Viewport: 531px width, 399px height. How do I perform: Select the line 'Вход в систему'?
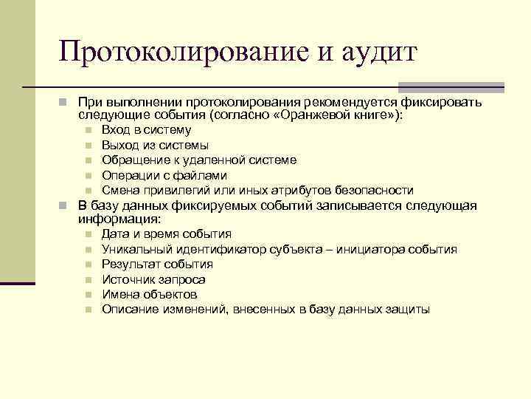[x=145, y=130]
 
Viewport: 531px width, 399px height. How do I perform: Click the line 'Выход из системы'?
[x=155, y=145]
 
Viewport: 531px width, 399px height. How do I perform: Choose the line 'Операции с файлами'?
[x=164, y=175]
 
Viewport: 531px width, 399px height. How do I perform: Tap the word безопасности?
[x=373, y=190]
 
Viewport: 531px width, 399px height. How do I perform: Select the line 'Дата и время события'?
[x=167, y=234]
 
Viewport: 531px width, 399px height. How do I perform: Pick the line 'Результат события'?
[x=157, y=264]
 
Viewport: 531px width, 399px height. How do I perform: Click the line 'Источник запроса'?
[x=153, y=279]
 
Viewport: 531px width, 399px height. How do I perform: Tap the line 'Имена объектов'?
[x=149, y=294]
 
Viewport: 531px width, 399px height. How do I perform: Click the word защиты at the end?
[x=408, y=309]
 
